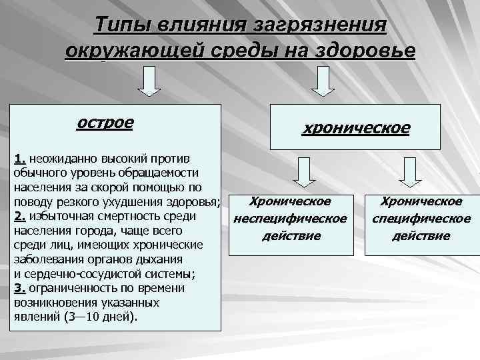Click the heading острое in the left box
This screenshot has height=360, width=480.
tap(105, 123)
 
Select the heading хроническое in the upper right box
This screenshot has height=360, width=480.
tap(356, 127)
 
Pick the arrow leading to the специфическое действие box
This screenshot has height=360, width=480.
tap(411, 171)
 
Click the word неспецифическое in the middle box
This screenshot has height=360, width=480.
tap(290, 219)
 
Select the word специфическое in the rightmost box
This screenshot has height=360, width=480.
tap(421, 219)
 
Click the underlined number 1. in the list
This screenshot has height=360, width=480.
tap(19, 159)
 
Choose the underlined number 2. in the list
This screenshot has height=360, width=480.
tap(19, 216)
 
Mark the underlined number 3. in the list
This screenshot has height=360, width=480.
tap(19, 289)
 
